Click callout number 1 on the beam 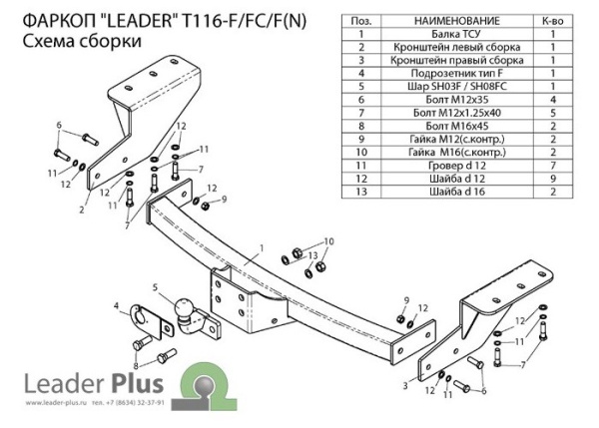click(260, 247)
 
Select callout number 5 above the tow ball click(155, 288)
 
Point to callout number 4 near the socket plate click(117, 304)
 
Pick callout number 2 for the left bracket click(82, 210)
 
